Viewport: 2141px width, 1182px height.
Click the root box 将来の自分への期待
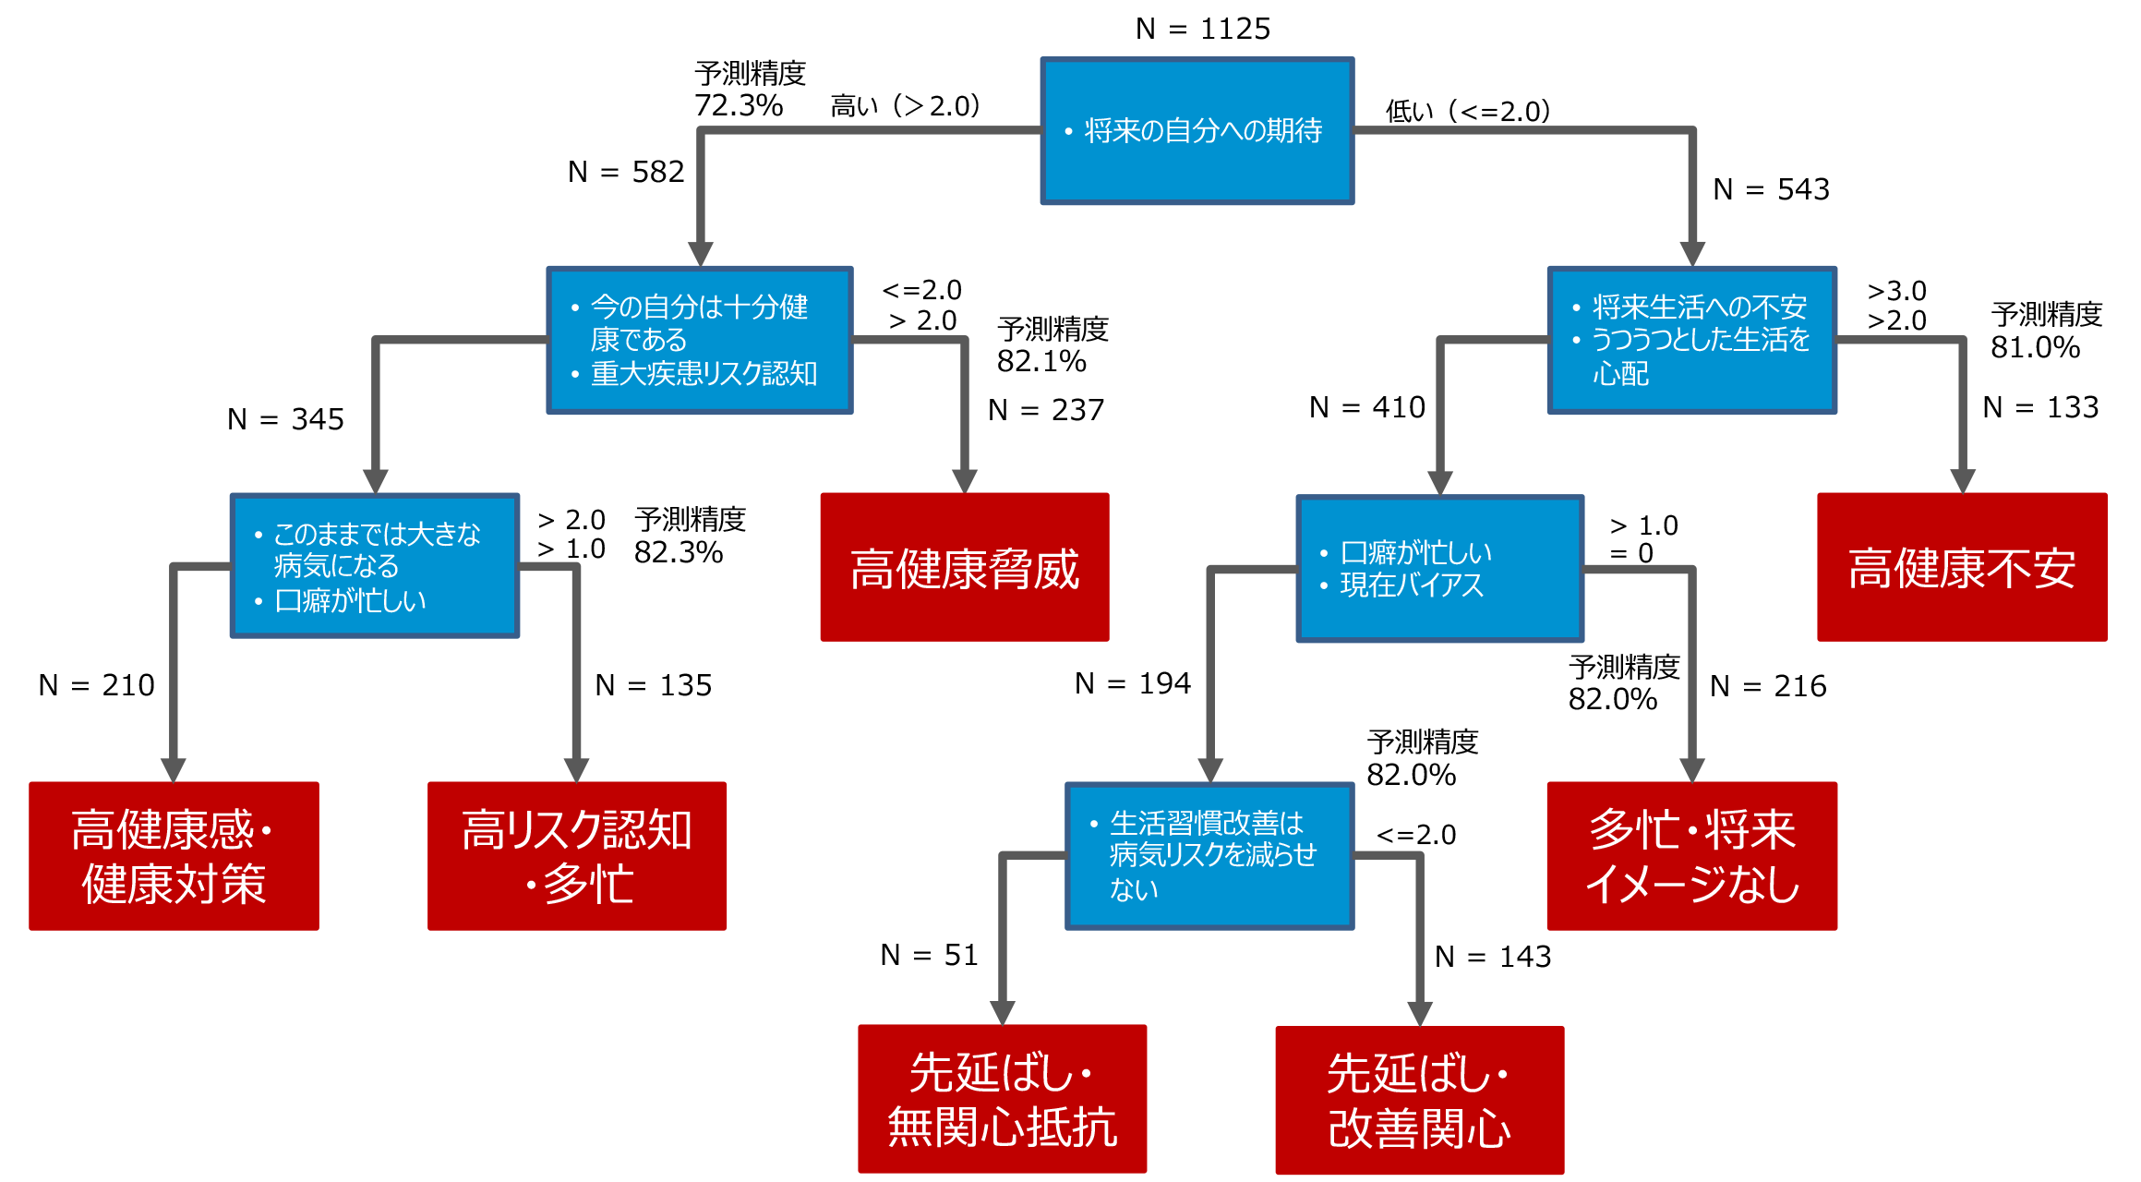tap(1197, 130)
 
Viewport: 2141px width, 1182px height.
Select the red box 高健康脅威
tap(964, 567)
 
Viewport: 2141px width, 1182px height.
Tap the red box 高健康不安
tap(1961, 567)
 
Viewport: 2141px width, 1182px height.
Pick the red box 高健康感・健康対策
tap(174, 855)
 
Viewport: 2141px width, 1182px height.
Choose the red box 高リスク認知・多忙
tap(576, 855)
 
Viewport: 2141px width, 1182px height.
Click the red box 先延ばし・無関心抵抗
tap(1002, 1099)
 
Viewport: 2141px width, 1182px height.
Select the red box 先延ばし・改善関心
tap(1419, 1100)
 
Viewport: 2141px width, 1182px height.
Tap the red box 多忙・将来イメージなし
tap(1691, 855)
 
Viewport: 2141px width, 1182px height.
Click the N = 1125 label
tap(1202, 30)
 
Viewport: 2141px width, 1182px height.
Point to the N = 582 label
tap(625, 172)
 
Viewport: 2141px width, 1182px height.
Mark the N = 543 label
tap(1770, 189)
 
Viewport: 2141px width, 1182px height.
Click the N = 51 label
tap(929, 955)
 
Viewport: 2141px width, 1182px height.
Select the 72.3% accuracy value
tap(738, 105)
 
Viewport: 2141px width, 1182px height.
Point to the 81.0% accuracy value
tap(2034, 347)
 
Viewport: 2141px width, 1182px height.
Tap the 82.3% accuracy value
tap(678, 552)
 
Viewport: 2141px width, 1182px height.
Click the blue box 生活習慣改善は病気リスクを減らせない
tap(1209, 855)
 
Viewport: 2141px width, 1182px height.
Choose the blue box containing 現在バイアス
tap(1439, 568)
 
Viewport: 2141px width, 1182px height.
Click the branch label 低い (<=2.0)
tap(1467, 112)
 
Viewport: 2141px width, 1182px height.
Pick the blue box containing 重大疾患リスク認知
tap(699, 340)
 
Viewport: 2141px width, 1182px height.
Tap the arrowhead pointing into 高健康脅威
tap(964, 481)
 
